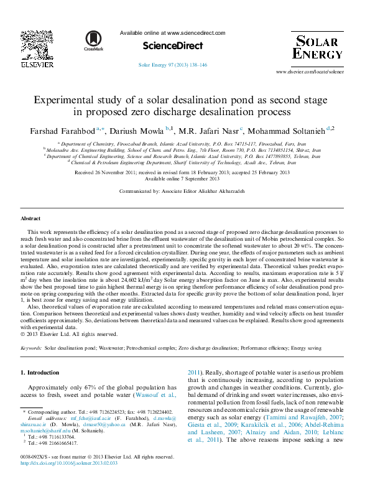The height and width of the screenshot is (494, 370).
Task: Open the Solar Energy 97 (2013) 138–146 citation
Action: pyautogui.click(x=172, y=65)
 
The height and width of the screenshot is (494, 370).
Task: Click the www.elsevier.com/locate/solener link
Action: pyautogui.click(x=309, y=72)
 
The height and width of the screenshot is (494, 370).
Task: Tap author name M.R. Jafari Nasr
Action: pyautogui.click(x=208, y=131)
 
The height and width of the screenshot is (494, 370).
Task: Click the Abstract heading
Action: pyautogui.click(x=30, y=219)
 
